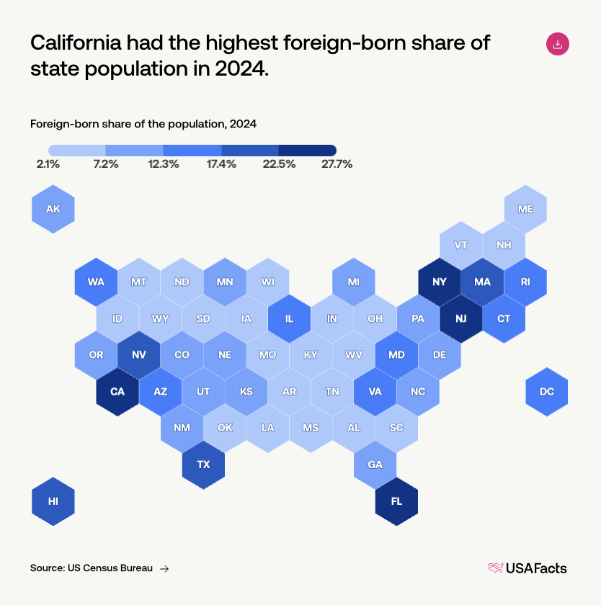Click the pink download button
point(558,44)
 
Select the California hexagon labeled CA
point(117,392)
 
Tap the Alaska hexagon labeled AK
point(53,209)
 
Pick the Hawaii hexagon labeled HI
point(53,501)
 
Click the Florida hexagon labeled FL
point(396,501)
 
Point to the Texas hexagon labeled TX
point(203,465)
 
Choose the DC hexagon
point(546,392)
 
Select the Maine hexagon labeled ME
point(525,209)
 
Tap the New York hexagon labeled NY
point(440,282)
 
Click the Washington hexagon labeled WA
point(96,282)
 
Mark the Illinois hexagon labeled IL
point(289,318)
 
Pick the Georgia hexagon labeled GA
point(375,465)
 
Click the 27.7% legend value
point(337,164)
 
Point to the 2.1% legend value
point(48,164)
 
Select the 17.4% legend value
point(221,164)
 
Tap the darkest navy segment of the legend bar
point(307,150)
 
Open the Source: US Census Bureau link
point(92,568)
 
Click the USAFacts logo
point(527,568)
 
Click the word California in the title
point(74,42)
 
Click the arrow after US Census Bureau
point(164,569)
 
